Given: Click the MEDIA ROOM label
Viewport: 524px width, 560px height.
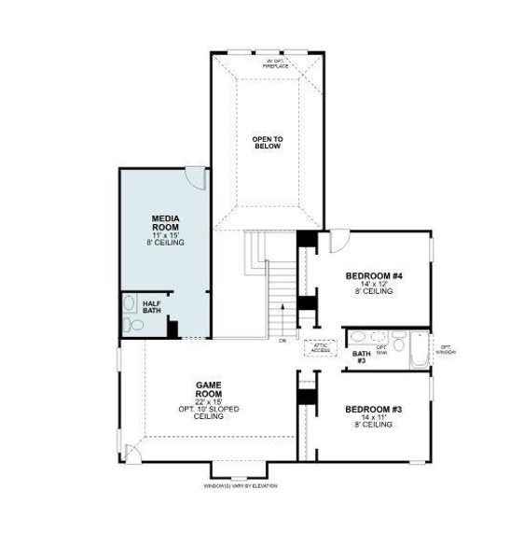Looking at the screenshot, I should (165, 224).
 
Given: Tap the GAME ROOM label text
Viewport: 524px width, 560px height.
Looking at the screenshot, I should (207, 388).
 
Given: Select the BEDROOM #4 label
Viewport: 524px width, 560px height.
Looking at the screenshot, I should (373, 276).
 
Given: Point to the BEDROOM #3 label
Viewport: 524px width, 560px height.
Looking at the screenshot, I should (373, 410).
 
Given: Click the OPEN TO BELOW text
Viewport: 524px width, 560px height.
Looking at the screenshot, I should (267, 143).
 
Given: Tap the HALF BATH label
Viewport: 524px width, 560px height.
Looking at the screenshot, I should (151, 307).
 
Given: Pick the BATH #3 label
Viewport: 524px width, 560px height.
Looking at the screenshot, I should (360, 357).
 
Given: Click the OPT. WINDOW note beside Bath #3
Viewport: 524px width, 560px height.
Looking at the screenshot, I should (448, 350).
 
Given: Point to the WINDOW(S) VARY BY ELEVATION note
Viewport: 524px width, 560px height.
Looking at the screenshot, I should (241, 486).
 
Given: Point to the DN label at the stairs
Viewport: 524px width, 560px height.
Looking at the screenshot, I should (283, 342).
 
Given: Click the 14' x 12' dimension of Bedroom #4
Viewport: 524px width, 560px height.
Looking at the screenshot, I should (373, 285).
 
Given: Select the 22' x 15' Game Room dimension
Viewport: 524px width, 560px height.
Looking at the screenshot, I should (207, 402).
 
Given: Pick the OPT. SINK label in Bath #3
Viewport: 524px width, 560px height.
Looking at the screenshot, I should (381, 348).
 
